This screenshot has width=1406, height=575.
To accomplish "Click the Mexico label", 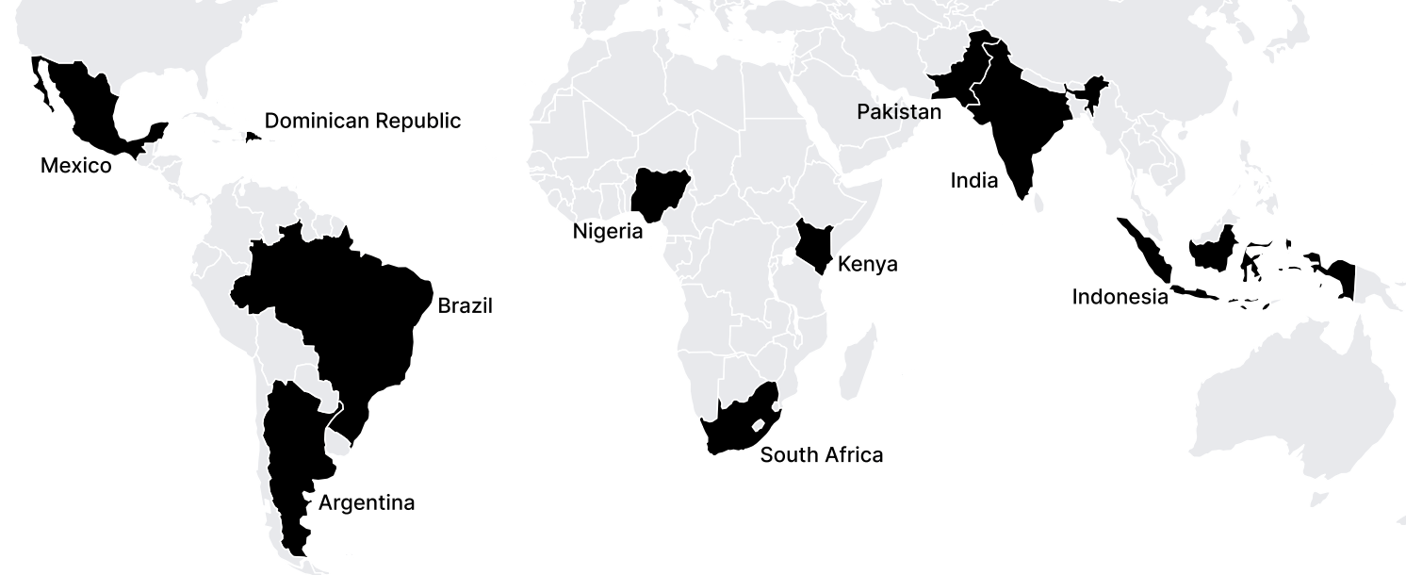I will pos(75,166).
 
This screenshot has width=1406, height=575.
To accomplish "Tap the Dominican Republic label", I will pos(362,121).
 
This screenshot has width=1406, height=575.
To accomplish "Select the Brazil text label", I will pos(465,306).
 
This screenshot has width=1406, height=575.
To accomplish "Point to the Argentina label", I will pos(367,502).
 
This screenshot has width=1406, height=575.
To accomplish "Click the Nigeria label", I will pos(608,231).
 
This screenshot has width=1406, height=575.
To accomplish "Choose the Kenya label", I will pos(867,264).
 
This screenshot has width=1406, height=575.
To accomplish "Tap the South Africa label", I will pos(822,455).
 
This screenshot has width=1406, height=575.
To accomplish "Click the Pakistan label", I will pos(898,112).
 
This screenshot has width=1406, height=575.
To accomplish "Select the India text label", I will pos(973,180).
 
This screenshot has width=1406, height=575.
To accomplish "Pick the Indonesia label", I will pos(1120,297).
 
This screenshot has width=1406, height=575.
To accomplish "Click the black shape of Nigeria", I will pos(657,192).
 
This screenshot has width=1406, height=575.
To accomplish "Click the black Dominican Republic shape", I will pos(253,137).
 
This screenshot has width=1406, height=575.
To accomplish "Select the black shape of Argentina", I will pos(292,452).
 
